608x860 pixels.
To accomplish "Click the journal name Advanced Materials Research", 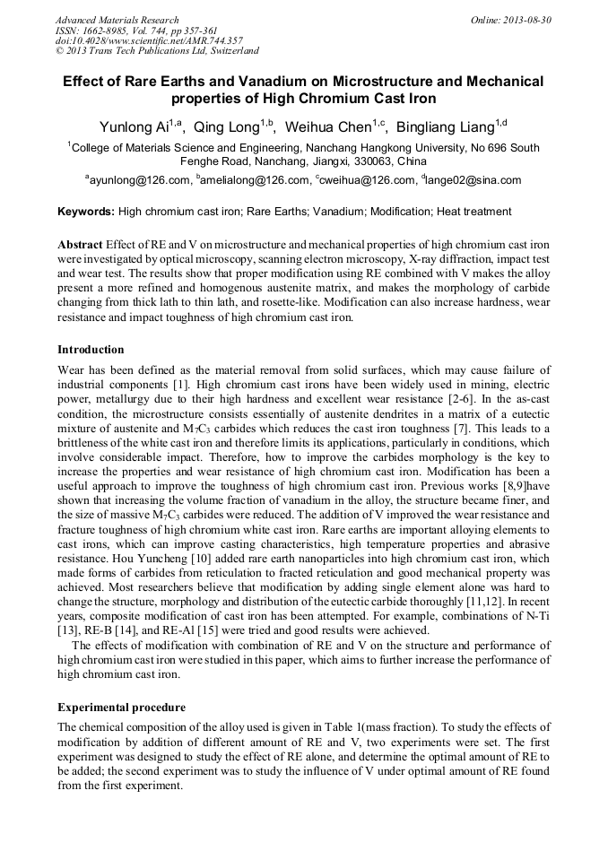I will coord(117,20).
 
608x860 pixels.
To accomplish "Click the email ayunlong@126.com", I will coord(140,180).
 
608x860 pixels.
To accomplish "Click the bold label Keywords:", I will coord(86,213).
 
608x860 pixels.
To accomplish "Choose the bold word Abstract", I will coord(80,245).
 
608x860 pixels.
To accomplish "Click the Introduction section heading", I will coord(91,349).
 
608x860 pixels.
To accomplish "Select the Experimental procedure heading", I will coord(121,708).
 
